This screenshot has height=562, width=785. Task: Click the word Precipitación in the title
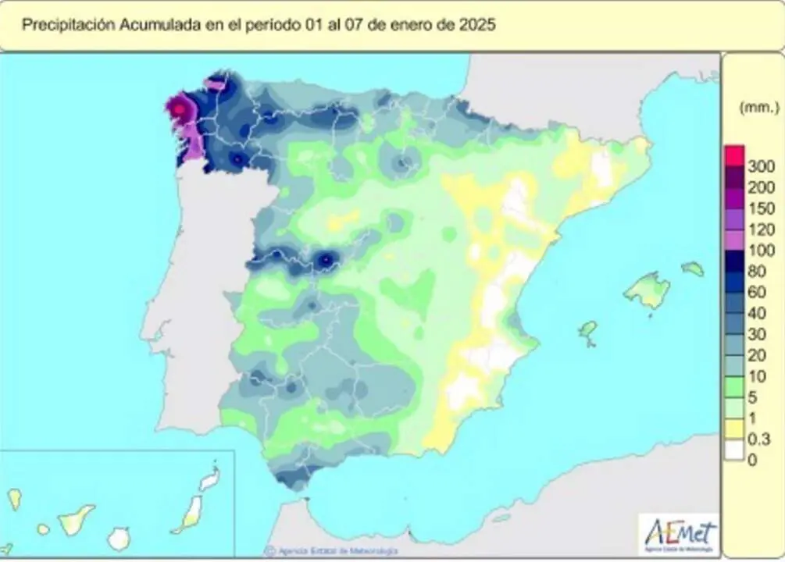(x=68, y=24)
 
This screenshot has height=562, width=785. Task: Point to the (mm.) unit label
(x=758, y=108)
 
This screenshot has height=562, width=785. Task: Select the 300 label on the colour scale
(x=760, y=166)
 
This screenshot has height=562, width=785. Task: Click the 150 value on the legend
(x=760, y=208)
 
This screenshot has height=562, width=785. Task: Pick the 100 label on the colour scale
(x=760, y=251)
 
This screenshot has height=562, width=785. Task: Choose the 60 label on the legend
(x=757, y=293)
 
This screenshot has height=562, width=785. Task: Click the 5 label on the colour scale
(x=753, y=398)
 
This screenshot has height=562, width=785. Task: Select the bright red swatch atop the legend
(x=734, y=155)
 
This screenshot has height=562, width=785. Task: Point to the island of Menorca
(x=692, y=269)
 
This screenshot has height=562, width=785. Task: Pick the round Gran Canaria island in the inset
(x=119, y=538)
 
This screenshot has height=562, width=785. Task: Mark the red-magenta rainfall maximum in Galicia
(x=179, y=108)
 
